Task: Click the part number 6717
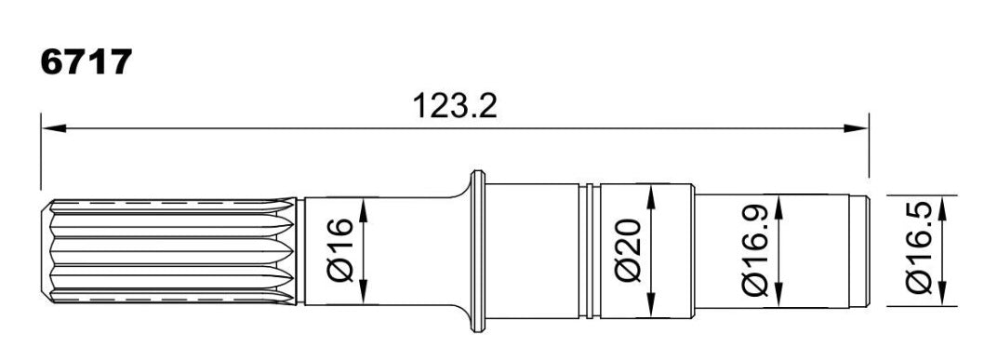click(x=86, y=62)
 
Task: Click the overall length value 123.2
click(x=455, y=106)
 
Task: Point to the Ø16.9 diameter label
click(x=754, y=250)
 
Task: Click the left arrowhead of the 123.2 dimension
click(x=54, y=128)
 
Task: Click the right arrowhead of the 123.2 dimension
click(x=856, y=128)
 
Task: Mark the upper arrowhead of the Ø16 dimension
click(x=365, y=211)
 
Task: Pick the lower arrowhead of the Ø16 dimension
click(x=365, y=291)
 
